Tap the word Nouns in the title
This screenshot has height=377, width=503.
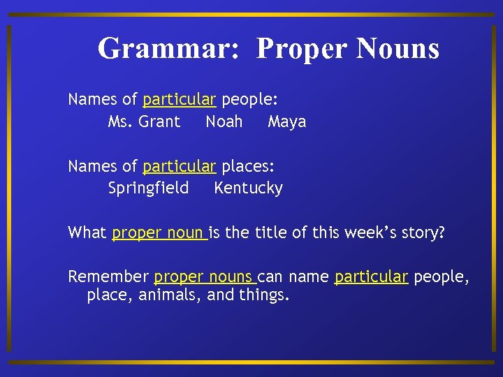398,49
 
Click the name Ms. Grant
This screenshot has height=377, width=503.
144,121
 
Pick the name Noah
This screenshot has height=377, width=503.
224,121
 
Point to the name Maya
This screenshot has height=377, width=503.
287,121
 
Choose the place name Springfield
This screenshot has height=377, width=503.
148,188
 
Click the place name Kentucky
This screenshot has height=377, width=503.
248,188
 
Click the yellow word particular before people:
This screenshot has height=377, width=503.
180,99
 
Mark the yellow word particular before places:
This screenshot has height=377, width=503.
180,166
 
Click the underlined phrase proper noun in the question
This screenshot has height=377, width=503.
158,232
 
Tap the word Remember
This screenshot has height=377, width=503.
108,276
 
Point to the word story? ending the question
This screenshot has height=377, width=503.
423,232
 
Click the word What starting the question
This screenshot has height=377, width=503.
87,232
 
